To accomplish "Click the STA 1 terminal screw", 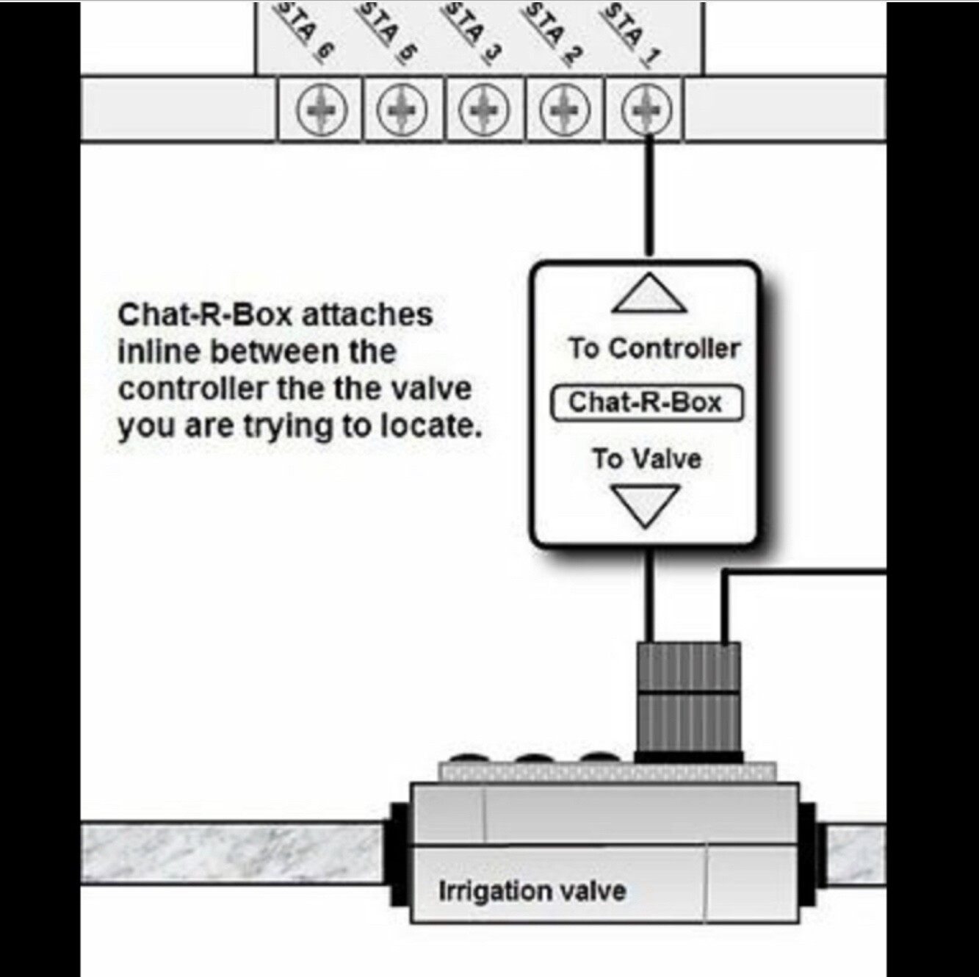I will click(646, 110).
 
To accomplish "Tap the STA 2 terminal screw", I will click(565, 110).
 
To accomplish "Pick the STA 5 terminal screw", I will click(402, 110).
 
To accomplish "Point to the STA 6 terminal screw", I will click(321, 110).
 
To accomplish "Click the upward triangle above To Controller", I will click(649, 294).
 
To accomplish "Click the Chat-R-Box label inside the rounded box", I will click(646, 403).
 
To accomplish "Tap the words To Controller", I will click(653, 348).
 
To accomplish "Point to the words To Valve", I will click(646, 459).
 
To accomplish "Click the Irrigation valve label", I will click(532, 891).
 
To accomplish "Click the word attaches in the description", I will click(367, 315).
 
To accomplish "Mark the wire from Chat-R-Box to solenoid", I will click(649, 595).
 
